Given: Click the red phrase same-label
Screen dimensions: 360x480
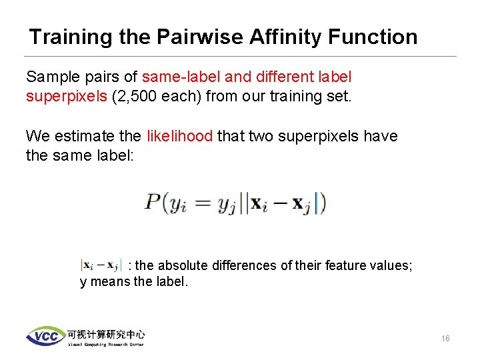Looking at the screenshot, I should [x=179, y=77].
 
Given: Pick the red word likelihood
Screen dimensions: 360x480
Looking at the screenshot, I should [x=178, y=137].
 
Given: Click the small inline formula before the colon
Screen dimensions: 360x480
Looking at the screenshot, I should [x=101, y=265].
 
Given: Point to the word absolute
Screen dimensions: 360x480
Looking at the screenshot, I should [x=183, y=265].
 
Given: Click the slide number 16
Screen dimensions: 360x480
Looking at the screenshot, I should [x=445, y=339].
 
